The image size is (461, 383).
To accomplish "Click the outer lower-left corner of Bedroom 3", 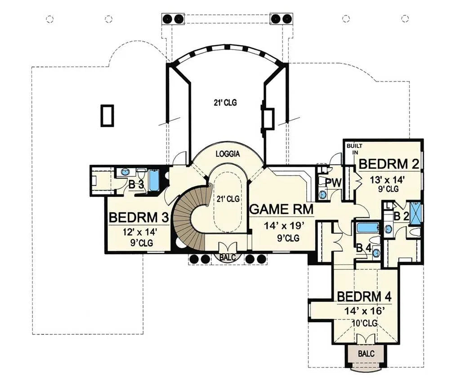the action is pos(105,253).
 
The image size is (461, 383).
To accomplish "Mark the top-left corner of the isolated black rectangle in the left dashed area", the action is pos(101,105).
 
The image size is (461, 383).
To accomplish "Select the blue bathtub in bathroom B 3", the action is pos(154,181).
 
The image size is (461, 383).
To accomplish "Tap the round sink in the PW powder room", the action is pos(323,195).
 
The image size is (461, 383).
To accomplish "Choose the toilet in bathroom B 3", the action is pos(141,174).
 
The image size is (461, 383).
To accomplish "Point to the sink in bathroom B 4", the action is pos(376,252).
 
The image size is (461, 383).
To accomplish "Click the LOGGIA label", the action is pos(228,154).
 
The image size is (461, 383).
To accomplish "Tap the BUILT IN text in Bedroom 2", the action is pos(354,149).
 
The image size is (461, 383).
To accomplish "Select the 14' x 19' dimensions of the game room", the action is pos(283,226).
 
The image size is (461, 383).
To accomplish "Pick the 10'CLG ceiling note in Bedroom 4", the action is pos(365,323).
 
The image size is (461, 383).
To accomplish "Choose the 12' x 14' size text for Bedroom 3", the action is pos(139,232).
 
